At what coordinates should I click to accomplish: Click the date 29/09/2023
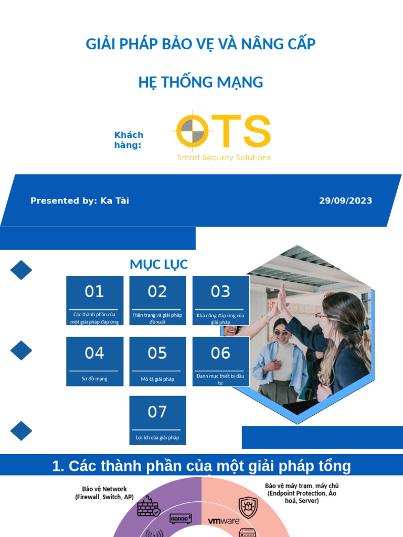click(x=345, y=201)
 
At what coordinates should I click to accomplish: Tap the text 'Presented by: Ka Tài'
click(x=80, y=201)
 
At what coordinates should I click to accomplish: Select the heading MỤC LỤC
click(x=158, y=265)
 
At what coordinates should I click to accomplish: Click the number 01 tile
click(x=94, y=300)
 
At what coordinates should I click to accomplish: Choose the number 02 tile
click(x=157, y=300)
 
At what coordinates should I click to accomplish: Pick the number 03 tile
click(x=220, y=300)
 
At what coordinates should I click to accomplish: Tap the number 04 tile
click(x=94, y=361)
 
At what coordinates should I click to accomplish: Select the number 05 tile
click(x=157, y=361)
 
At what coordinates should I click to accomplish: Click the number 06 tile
click(x=220, y=361)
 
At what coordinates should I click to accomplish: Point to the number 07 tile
click(x=157, y=420)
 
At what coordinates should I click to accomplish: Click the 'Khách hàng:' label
click(x=129, y=140)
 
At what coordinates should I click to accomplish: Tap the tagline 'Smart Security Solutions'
click(x=224, y=157)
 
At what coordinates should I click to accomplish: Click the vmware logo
click(x=224, y=521)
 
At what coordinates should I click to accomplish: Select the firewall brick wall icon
click(x=149, y=507)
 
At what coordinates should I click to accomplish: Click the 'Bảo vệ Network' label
click(x=104, y=492)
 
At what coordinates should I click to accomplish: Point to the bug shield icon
click(x=248, y=507)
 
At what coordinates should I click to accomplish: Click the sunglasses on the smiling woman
click(x=281, y=332)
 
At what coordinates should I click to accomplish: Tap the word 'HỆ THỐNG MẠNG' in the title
click(x=200, y=82)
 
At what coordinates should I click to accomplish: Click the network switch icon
click(x=181, y=519)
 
